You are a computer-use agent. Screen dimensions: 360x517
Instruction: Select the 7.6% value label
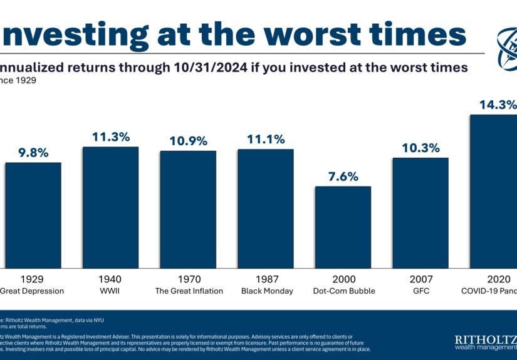[343, 177]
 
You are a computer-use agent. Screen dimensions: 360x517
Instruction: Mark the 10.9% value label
[188, 141]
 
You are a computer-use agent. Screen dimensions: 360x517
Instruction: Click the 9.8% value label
[33, 153]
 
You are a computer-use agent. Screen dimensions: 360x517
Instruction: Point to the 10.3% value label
[420, 148]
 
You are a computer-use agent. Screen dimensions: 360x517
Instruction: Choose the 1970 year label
[188, 279]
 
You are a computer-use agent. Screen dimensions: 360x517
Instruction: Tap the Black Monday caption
[265, 291]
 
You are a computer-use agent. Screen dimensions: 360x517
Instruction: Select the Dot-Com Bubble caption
[343, 291]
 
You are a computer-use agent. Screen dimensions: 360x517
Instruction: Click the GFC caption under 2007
[420, 291]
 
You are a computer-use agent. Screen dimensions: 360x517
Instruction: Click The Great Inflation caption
[188, 291]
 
